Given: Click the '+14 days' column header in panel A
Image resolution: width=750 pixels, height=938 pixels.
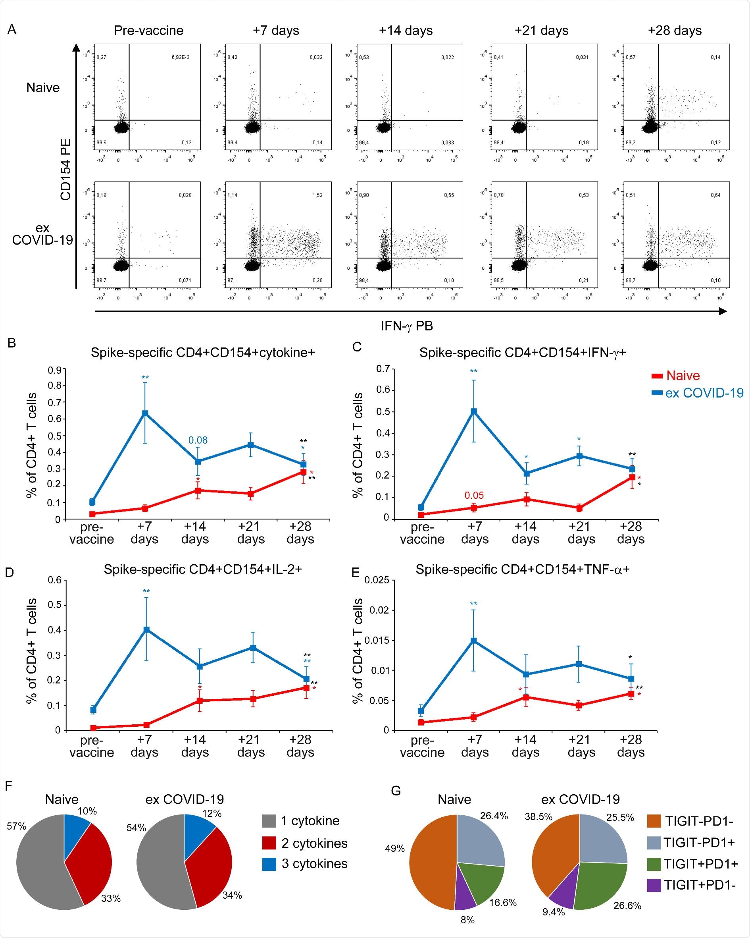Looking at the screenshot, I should (405, 31).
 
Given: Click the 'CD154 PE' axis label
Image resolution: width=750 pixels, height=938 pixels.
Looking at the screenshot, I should (65, 170).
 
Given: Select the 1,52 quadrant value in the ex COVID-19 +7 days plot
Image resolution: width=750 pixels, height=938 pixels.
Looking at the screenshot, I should (317, 195).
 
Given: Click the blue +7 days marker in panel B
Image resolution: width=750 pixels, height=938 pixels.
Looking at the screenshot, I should (145, 413).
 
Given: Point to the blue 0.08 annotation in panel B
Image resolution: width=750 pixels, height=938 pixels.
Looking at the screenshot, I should (198, 440).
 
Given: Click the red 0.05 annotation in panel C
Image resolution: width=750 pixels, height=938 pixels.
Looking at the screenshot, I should (474, 496).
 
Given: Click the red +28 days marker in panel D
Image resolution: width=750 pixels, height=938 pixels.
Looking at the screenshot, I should (306, 688).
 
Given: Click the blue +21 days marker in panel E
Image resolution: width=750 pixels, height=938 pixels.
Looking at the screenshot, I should (579, 664).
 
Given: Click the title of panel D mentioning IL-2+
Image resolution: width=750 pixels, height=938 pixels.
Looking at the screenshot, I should (203, 569).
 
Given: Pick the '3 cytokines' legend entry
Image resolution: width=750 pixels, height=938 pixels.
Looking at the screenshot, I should (314, 864).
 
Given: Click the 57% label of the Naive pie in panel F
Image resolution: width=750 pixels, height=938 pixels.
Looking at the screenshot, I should (17, 826).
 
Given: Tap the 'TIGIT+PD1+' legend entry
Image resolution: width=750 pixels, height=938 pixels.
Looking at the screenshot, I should (700, 864).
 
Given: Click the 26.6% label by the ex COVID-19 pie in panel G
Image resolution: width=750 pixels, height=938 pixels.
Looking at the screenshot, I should (627, 905).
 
